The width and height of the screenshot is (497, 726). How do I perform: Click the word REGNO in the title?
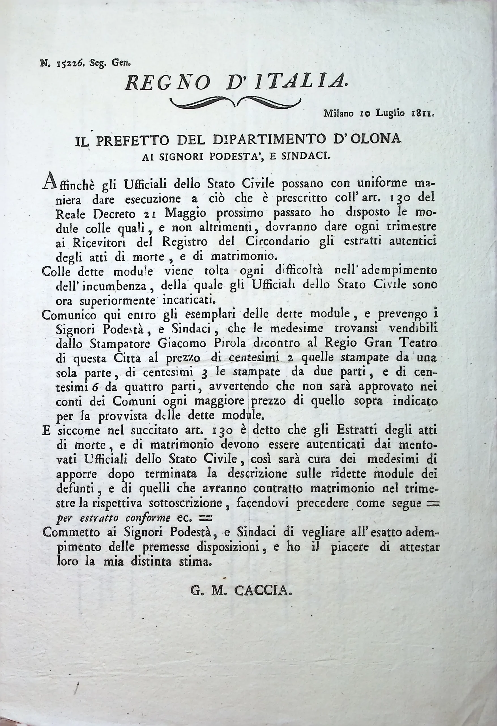click(x=168, y=83)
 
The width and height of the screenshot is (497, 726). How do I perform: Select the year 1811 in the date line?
click(x=422, y=113)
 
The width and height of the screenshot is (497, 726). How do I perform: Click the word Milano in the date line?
click(x=338, y=113)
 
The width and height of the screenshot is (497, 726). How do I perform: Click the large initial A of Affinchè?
click(x=49, y=181)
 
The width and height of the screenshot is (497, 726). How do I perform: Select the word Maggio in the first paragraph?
click(x=186, y=214)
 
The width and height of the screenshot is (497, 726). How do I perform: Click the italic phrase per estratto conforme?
click(x=113, y=518)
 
